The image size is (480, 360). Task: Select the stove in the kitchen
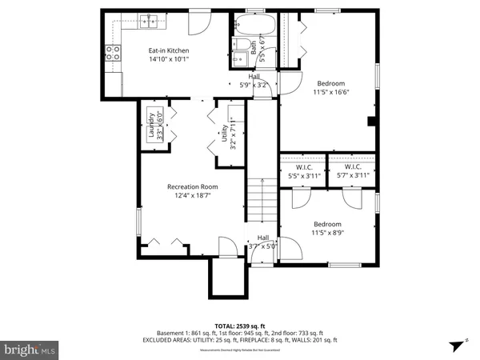click(x=113, y=53)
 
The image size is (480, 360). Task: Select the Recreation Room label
click(x=192, y=186)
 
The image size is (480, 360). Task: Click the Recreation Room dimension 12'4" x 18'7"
click(x=192, y=195)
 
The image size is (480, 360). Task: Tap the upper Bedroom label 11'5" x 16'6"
click(x=331, y=87)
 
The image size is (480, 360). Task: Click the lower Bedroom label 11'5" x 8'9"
click(x=327, y=228)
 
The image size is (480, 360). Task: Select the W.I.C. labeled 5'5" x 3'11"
click(x=304, y=171)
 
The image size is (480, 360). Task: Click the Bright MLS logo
click(x=30, y=350)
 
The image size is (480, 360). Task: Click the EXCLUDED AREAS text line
click(x=240, y=340)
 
